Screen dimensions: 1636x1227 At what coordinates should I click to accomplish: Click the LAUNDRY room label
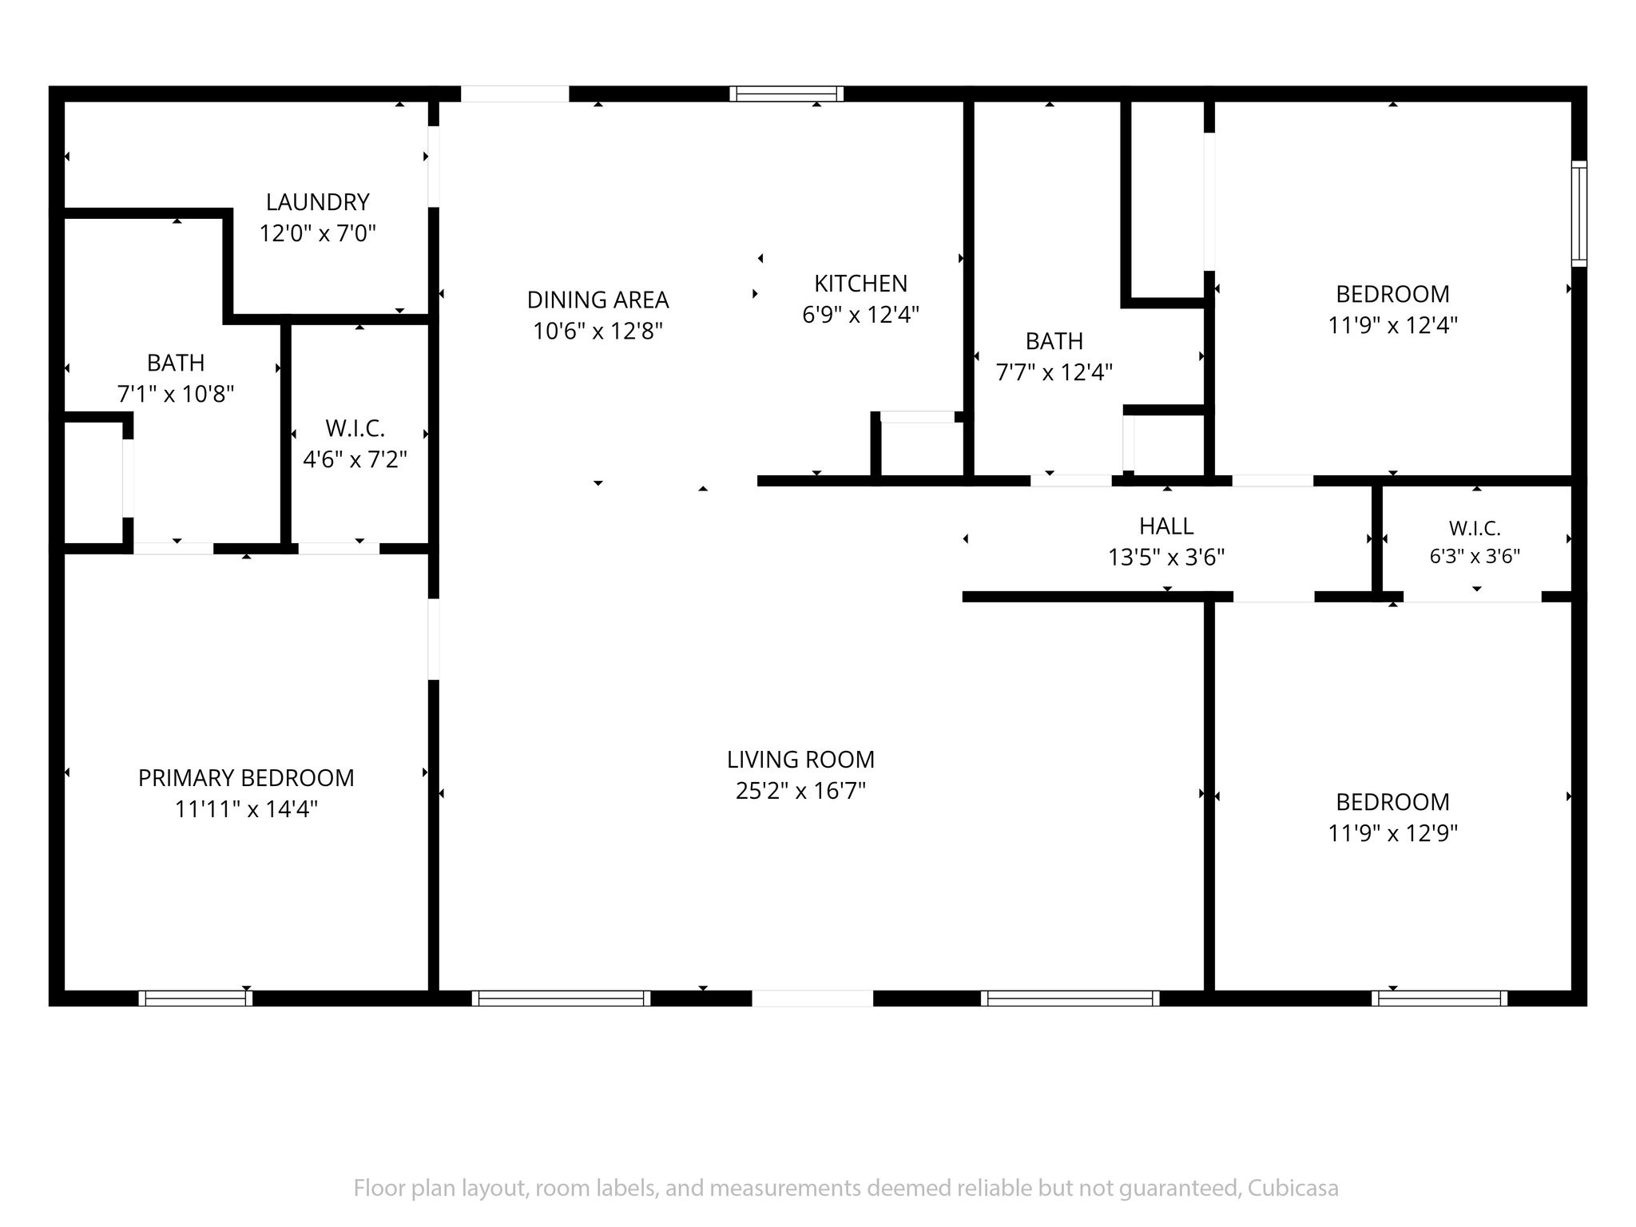pos(318,202)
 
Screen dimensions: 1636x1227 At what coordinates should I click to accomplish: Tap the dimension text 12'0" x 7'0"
pos(318,233)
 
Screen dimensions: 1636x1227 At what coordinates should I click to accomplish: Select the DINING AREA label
pos(598,300)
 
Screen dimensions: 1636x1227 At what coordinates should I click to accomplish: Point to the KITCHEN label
pos(861,284)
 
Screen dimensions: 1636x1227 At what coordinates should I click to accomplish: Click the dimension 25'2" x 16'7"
pos(801,791)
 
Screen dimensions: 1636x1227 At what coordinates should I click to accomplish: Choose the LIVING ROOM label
pos(801,760)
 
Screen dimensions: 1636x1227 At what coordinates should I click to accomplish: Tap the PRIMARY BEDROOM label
pos(246,778)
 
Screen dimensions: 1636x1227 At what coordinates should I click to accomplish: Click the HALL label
pos(1167,526)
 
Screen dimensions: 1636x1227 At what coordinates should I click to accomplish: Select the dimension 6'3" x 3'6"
pos(1475,556)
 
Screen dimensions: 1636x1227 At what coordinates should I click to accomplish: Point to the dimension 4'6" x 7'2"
pos(355,459)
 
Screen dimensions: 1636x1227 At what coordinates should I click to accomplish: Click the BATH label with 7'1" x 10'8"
pos(176,363)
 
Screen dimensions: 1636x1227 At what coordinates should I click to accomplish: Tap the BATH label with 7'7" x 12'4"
pos(1054,342)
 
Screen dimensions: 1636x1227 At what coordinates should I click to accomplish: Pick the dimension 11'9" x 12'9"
pos(1393,833)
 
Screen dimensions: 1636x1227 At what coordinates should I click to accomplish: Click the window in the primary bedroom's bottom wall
pos(196,998)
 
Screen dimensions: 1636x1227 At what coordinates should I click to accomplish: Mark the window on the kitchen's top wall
pos(787,94)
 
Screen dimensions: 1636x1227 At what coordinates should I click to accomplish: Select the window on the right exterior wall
pos(1579,213)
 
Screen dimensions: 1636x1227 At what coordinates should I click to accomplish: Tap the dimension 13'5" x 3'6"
pos(1167,557)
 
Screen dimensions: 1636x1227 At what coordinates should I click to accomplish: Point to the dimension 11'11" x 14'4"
pos(246,809)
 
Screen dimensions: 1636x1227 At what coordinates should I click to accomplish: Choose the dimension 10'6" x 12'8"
pos(598,331)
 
